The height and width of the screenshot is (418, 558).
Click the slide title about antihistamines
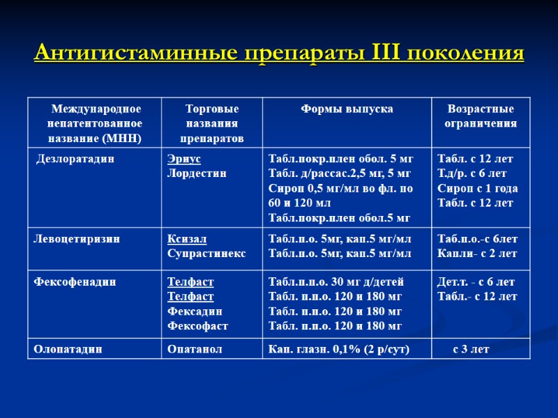(278, 53)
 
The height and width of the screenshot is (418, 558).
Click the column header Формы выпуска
(347, 109)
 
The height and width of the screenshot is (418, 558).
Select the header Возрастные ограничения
(481, 116)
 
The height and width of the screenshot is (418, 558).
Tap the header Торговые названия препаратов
(212, 123)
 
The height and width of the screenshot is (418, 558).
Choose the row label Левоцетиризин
(77, 239)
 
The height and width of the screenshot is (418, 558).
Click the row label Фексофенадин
(75, 282)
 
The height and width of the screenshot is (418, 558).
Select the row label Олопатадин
(68, 349)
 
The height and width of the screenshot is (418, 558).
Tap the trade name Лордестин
(197, 173)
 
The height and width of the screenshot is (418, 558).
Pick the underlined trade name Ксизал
(187, 239)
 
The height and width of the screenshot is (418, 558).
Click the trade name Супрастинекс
(206, 254)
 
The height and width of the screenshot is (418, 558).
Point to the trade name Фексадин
(195, 311)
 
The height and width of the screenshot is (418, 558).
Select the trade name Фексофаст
(197, 326)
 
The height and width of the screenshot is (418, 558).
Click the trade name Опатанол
(195, 349)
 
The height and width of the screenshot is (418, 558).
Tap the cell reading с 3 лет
(471, 349)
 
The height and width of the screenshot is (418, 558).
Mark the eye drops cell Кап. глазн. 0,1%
(339, 349)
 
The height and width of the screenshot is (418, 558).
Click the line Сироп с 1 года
(477, 188)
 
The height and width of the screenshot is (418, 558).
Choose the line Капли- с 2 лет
(476, 254)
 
